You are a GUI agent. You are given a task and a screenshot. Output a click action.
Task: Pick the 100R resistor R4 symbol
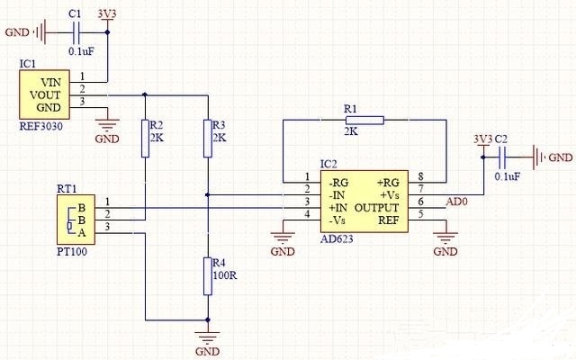click(x=208, y=274)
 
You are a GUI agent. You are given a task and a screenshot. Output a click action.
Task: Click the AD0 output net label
click(x=456, y=203)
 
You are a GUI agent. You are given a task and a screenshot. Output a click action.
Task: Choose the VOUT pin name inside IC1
click(x=44, y=93)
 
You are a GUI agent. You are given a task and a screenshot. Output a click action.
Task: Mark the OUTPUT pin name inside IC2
click(x=378, y=207)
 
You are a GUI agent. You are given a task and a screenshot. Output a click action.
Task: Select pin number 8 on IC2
click(x=420, y=176)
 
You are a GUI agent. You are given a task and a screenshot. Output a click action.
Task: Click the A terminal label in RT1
click(x=83, y=232)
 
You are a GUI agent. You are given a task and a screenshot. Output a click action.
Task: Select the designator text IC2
click(x=328, y=164)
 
